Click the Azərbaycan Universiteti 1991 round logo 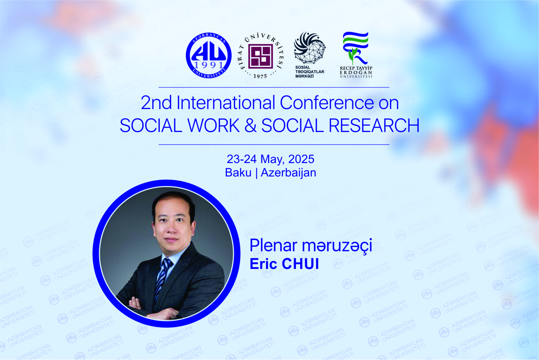click(208, 55)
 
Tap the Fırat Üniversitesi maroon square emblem click(261, 56)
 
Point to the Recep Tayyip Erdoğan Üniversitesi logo click(356, 55)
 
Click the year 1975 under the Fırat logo click(260, 76)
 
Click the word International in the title click(226, 103)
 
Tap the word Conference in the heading click(327, 103)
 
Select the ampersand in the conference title click(250, 125)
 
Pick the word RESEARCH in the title click(374, 125)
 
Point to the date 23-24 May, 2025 click(271, 159)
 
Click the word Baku click(238, 173)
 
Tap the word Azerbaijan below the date click(289, 173)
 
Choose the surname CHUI click(300, 264)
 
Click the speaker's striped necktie click(162, 279)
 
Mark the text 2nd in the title click(156, 103)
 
